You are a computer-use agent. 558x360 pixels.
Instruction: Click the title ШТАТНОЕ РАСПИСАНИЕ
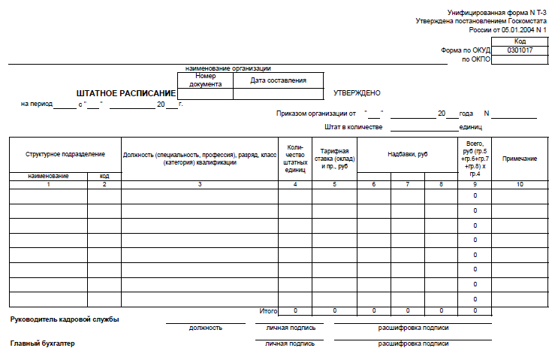[125, 93]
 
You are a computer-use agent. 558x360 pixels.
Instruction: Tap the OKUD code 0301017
[520, 50]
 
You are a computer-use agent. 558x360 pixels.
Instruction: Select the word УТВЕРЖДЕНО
[357, 93]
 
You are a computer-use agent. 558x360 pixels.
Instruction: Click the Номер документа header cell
[205, 80]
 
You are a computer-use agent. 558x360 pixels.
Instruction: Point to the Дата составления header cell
[279, 80]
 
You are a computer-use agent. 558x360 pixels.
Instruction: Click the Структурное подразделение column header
[65, 154]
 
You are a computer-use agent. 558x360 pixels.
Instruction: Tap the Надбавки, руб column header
[407, 154]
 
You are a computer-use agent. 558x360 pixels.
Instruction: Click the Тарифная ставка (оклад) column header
[334, 159]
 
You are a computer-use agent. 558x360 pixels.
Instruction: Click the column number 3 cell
[200, 184]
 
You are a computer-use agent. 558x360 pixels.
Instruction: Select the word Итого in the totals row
[268, 310]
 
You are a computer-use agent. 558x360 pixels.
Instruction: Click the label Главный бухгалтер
[42, 343]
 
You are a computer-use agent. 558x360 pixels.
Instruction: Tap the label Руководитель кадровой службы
[65, 319]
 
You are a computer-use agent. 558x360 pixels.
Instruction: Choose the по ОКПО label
[475, 59]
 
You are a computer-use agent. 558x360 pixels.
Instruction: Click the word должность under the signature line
[206, 328]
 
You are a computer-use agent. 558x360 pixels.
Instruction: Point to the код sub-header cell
[104, 176]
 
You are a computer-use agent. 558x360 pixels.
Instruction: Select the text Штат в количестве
[354, 127]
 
